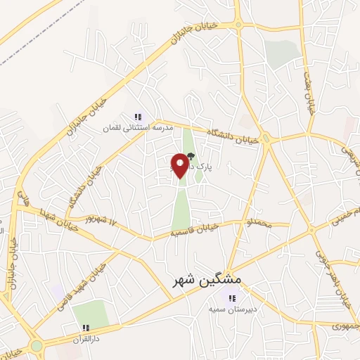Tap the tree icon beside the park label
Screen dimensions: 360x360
[190, 157]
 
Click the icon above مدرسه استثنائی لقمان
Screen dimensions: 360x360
[138, 117]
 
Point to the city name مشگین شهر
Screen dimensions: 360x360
[207, 280]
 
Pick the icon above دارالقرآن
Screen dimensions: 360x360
[85, 328]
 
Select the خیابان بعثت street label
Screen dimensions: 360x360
[308, 91]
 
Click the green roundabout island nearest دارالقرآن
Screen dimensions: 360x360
[36, 346]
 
